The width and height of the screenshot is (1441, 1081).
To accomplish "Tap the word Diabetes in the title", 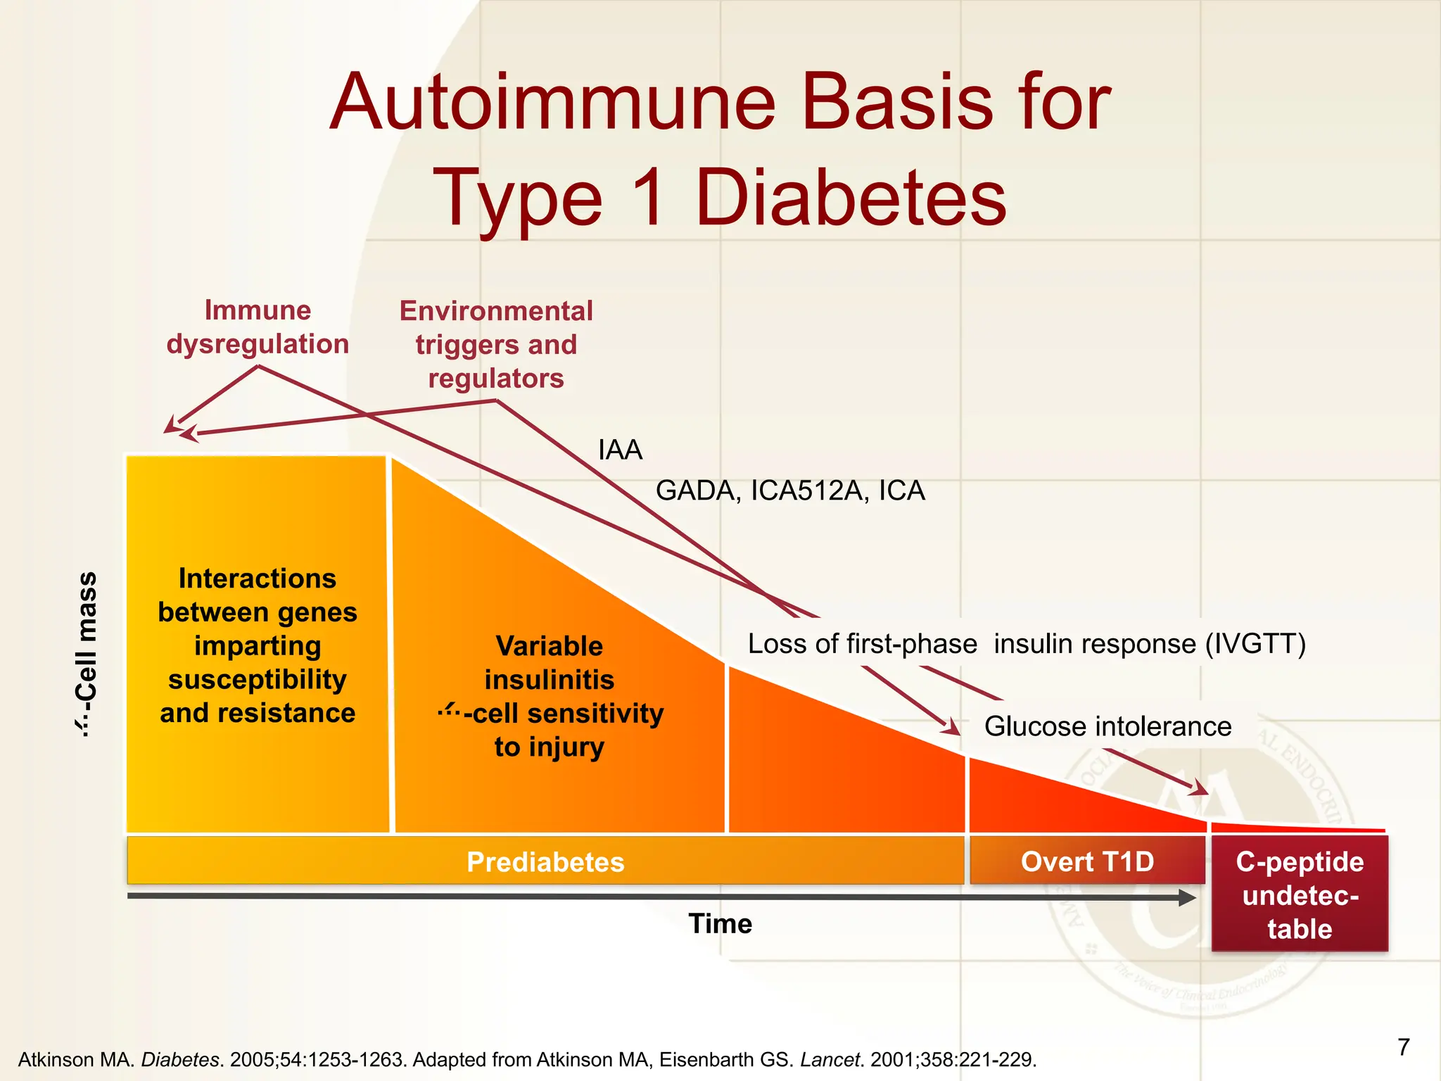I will point(851,199).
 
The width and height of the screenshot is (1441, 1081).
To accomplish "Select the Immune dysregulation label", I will point(258,327).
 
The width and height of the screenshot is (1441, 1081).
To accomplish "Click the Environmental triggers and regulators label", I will point(496,345).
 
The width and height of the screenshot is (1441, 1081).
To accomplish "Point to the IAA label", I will point(620,450).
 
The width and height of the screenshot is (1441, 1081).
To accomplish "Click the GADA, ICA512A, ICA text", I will point(790,491).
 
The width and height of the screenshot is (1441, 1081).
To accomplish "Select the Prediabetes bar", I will point(545,861).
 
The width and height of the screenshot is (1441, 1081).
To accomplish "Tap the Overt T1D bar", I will point(1087,861).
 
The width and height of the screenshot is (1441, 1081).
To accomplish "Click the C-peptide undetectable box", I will point(1300,894).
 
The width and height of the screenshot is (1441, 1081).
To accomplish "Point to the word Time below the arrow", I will point(720,923).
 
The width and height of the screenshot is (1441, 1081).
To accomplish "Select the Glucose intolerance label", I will point(1107,726).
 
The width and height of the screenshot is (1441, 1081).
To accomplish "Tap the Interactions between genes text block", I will point(258,645).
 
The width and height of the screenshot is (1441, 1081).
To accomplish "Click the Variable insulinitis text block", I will point(550,696).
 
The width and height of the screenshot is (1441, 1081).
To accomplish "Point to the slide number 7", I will point(1403,1047).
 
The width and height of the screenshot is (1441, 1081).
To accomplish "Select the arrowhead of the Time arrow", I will point(1187,897).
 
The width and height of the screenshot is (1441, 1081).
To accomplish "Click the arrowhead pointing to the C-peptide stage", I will point(1199,788).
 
